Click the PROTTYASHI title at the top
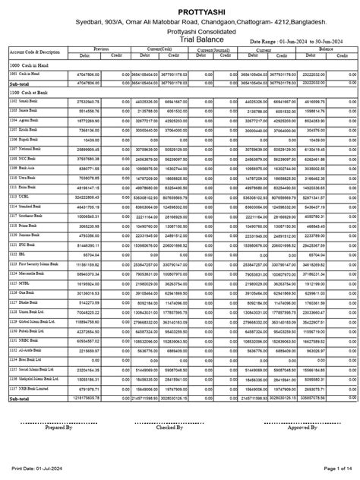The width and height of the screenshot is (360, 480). pyautogui.click(x=180, y=13)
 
